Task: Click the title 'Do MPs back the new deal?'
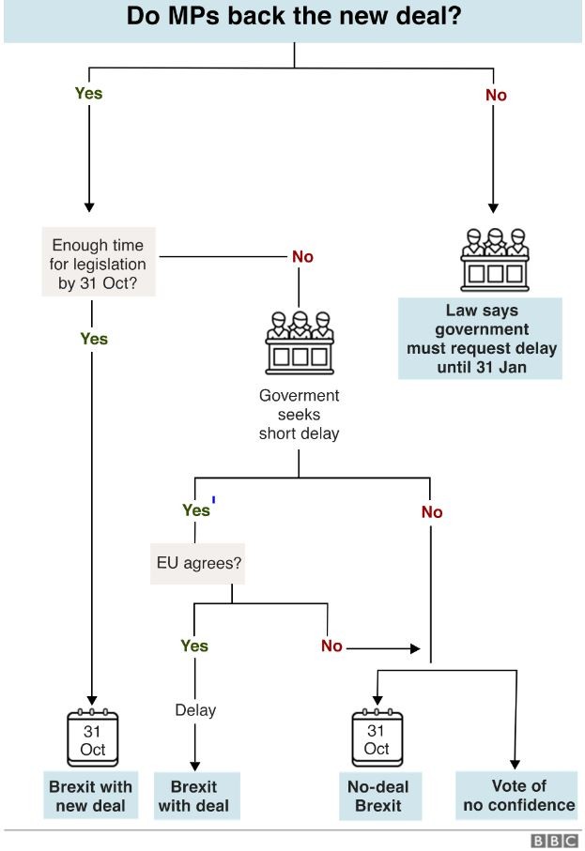click(293, 16)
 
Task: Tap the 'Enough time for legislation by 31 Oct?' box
click(99, 262)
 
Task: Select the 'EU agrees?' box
click(197, 563)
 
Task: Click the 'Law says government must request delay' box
click(480, 338)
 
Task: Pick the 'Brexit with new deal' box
click(91, 795)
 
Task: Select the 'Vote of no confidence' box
click(516, 795)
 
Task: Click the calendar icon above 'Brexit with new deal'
click(92, 737)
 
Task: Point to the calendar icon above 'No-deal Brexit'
click(377, 737)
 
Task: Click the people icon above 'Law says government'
click(495, 259)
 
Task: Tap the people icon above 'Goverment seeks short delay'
click(300, 342)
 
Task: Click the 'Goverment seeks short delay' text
click(299, 414)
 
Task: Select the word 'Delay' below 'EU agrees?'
click(195, 710)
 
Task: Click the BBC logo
click(553, 841)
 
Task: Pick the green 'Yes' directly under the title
click(88, 93)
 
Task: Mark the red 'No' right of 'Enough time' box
click(302, 257)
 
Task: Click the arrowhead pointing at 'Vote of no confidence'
click(515, 764)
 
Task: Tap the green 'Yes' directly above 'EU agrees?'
click(196, 510)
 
